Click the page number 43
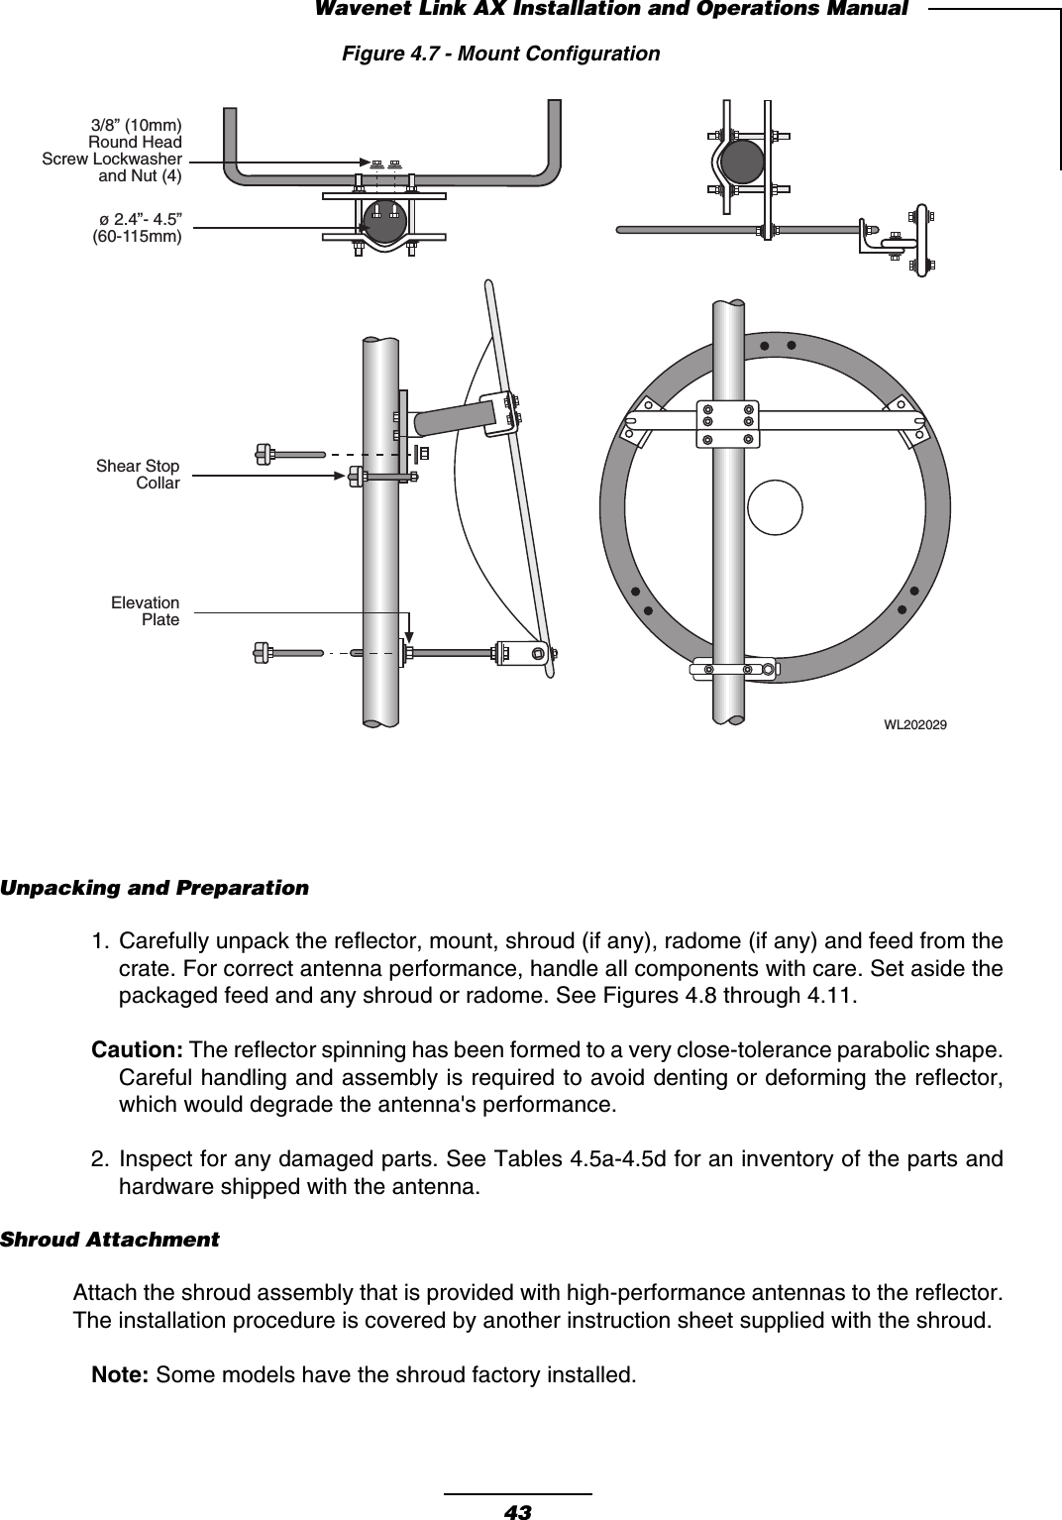(x=517, y=1511)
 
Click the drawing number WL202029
(x=914, y=725)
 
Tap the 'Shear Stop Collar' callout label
(x=138, y=475)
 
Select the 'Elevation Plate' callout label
(x=145, y=611)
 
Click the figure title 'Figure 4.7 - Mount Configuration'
(x=500, y=54)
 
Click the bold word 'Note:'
(x=121, y=1375)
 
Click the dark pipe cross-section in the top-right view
(x=741, y=161)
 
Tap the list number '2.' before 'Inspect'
(x=101, y=1159)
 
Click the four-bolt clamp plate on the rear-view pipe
(x=728, y=423)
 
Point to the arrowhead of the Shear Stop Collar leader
(x=340, y=476)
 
